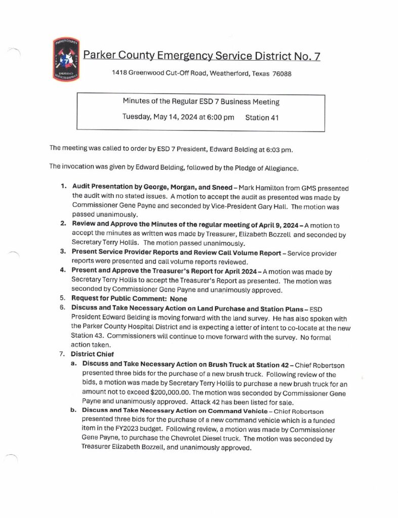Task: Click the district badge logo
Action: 65,60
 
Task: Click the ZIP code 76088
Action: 282,73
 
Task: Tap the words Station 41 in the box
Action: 262,117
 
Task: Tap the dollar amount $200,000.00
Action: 173,393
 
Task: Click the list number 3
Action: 63,251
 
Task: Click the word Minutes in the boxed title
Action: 137,102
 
